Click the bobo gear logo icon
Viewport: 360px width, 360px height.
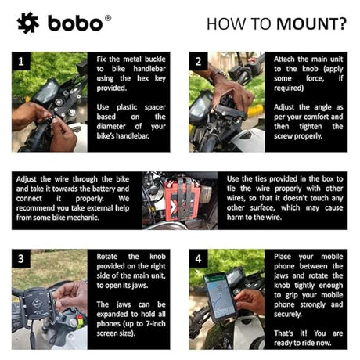pos(28,23)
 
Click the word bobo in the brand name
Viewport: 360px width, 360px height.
pos(74,23)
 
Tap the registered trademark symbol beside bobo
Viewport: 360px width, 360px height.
pos(108,16)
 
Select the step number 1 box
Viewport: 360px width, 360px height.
pos(22,61)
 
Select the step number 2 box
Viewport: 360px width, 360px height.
pos(199,61)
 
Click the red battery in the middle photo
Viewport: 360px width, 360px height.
pos(178,200)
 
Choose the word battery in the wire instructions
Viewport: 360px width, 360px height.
pos(108,189)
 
